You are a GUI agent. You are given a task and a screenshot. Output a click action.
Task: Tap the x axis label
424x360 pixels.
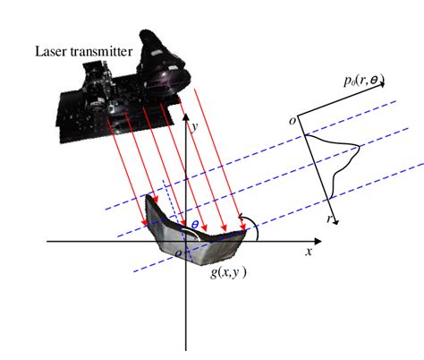tap(309, 253)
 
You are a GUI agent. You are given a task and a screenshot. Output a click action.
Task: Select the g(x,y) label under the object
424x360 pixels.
tap(229, 273)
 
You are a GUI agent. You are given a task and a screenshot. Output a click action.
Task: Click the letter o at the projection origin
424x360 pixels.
tap(292, 119)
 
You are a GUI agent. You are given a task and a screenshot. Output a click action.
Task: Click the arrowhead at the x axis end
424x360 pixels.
tap(319, 242)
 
